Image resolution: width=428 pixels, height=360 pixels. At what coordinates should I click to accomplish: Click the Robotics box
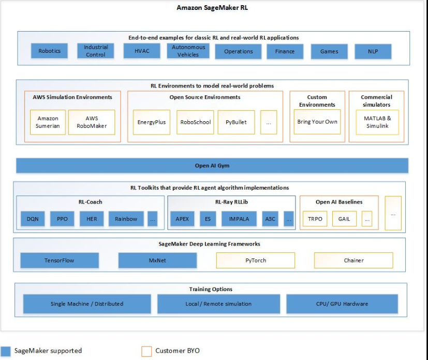[x=50, y=51]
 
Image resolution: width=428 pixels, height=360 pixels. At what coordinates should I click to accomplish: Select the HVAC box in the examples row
[x=141, y=51]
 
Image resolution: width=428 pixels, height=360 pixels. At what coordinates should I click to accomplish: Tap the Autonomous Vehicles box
[x=188, y=51]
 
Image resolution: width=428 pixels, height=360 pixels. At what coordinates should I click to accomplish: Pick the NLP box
[x=373, y=51]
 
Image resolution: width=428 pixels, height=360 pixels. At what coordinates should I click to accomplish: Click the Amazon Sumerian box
[x=48, y=122]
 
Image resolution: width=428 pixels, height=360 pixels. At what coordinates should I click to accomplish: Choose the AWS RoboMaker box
[x=92, y=122]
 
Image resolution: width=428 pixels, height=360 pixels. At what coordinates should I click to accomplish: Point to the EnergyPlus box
[x=152, y=123]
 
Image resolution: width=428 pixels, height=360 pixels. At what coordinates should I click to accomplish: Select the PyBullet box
[x=237, y=123]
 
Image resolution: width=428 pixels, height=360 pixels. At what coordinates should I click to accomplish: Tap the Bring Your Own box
[x=317, y=122]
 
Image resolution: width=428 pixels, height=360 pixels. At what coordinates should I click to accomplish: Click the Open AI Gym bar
[x=212, y=166]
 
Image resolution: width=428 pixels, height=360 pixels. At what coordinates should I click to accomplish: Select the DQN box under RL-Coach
[x=33, y=219]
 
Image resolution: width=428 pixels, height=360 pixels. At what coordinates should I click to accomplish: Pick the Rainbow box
[x=126, y=219]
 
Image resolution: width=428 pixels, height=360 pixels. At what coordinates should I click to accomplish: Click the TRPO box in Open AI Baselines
[x=315, y=219]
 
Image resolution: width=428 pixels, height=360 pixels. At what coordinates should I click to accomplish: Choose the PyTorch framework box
[x=256, y=261]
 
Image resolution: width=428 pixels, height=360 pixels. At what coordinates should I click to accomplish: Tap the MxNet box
[x=157, y=261]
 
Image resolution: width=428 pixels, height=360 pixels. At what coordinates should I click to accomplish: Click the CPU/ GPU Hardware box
[x=342, y=304]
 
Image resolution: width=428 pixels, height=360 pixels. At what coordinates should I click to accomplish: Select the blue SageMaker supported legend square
[x=6, y=351]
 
